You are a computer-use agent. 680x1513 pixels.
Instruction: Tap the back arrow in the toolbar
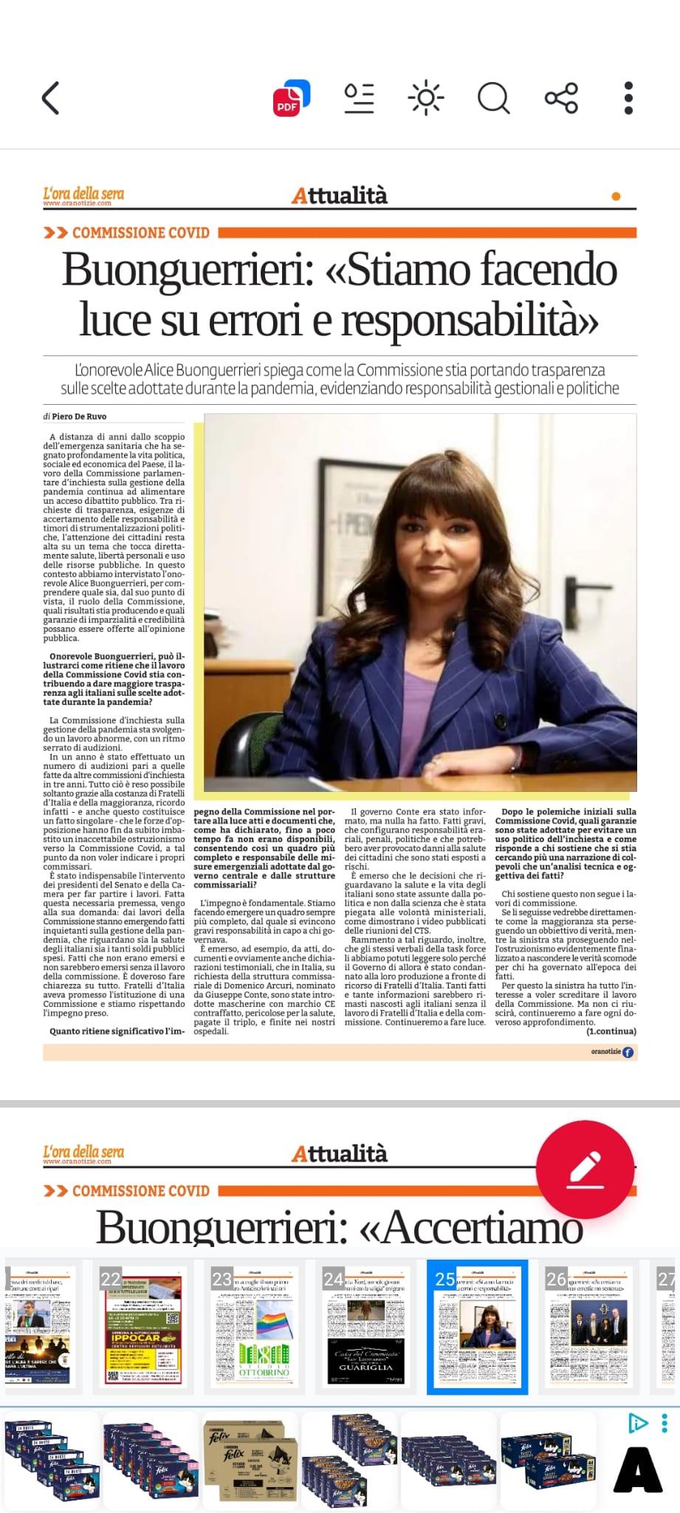pyautogui.click(x=50, y=98)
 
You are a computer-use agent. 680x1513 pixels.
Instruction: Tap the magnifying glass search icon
pyautogui.click(x=493, y=98)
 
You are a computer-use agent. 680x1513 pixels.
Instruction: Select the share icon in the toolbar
pyautogui.click(x=561, y=98)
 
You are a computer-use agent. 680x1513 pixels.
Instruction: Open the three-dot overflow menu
pyautogui.click(x=628, y=98)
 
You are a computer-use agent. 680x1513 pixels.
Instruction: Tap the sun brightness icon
pyautogui.click(x=426, y=98)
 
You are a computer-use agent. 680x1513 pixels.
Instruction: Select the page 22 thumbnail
pyautogui.click(x=143, y=1327)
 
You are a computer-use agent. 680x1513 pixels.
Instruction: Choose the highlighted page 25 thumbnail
pyautogui.click(x=477, y=1327)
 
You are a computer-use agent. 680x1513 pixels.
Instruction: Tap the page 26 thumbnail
pyautogui.click(x=588, y=1327)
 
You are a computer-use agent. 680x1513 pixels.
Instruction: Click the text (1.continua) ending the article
pyautogui.click(x=611, y=1031)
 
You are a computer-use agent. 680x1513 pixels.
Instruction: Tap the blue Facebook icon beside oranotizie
pyautogui.click(x=628, y=1052)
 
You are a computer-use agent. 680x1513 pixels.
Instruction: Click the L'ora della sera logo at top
pyautogui.click(x=83, y=196)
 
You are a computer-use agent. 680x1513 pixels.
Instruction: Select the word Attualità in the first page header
pyautogui.click(x=340, y=196)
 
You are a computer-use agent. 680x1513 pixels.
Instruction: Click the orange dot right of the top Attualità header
pyautogui.click(x=617, y=197)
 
